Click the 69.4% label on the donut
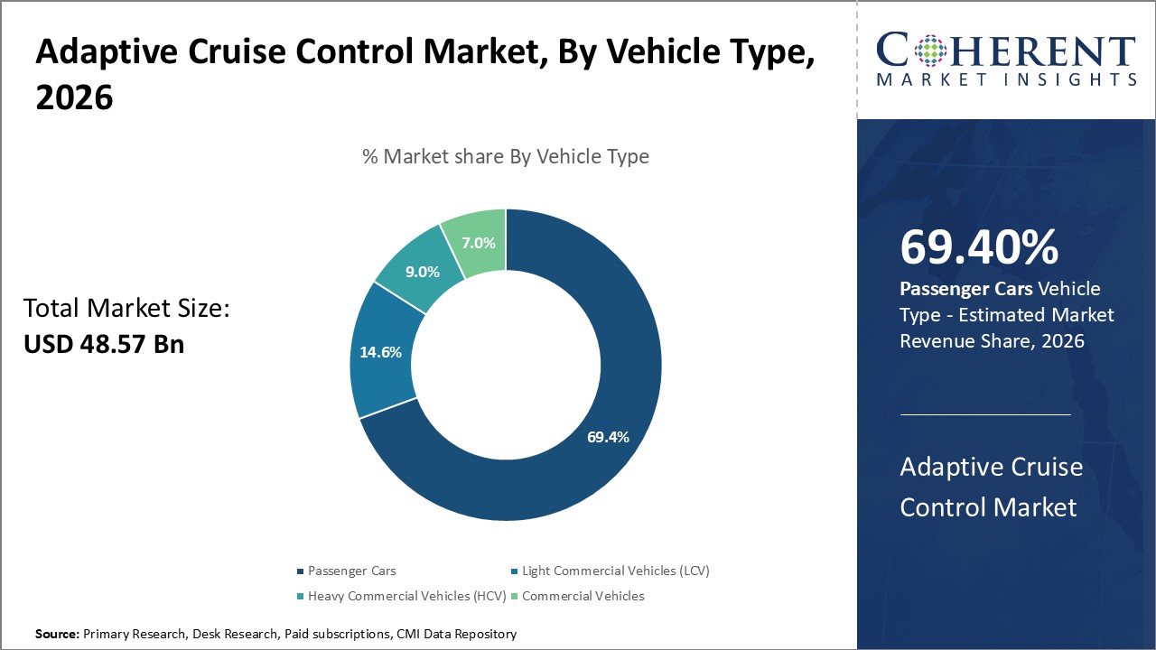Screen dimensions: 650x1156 tap(608, 437)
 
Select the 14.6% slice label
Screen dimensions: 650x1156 tap(380, 352)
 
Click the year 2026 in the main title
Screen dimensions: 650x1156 tap(74, 97)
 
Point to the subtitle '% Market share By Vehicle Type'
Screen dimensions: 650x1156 tap(505, 156)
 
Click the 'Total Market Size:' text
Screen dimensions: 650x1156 tap(127, 309)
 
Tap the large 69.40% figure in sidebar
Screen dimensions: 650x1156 tap(979, 247)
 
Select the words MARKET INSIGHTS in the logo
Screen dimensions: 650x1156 tap(1006, 79)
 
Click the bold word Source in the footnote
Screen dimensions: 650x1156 tap(57, 635)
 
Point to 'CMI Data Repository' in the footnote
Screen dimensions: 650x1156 tap(456, 635)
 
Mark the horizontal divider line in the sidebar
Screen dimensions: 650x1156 tap(985, 414)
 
